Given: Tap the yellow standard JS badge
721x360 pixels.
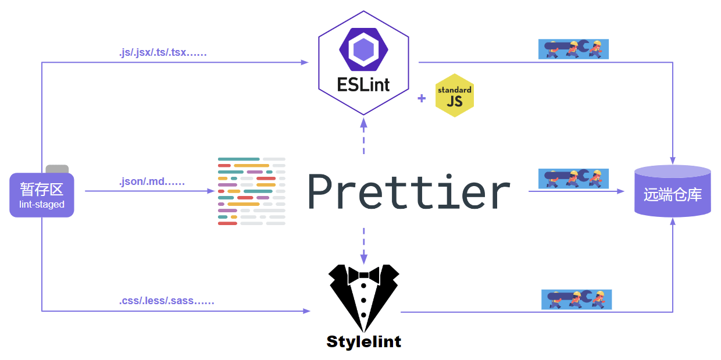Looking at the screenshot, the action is pos(454,95).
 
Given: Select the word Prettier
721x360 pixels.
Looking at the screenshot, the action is pos(409,192).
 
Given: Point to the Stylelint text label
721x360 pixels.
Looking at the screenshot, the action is pos(363,341).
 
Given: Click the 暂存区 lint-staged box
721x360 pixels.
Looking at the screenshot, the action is pos(42,195).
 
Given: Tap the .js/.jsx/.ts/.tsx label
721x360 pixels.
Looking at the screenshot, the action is pos(163,53).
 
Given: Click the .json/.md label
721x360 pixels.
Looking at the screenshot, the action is pos(152,182).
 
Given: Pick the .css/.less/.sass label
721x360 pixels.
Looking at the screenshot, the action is pos(167,301).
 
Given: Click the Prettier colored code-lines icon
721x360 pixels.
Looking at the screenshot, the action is pos(251,191).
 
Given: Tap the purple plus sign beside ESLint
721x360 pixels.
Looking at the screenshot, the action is pos(422,98).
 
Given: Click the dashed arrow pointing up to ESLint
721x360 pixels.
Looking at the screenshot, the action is pos(363,137).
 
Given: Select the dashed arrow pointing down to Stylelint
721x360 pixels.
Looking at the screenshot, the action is pos(363,244).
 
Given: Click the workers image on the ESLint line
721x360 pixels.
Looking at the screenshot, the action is pos(573,49).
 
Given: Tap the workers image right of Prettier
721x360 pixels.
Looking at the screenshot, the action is pos(573,178).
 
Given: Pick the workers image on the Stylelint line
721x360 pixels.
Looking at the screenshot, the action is pos(576,300).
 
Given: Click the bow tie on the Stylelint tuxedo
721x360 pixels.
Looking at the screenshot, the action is pos(363,274).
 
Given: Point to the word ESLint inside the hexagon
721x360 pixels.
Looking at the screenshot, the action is pos(363,84).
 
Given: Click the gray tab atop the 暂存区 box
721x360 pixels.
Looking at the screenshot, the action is pos(57,169).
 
